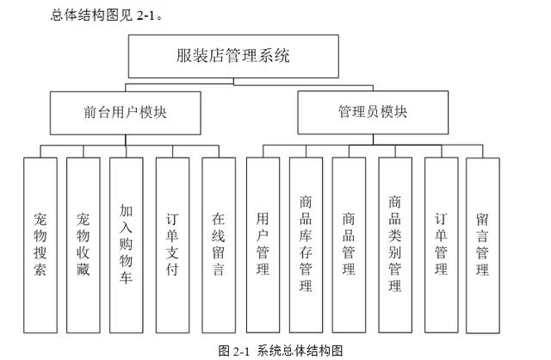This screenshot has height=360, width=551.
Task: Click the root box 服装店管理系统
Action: click(x=233, y=56)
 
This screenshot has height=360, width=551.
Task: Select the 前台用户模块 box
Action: click(x=126, y=113)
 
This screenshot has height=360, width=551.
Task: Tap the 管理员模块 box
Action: click(x=373, y=112)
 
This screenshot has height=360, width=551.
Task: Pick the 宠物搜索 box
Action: click(x=40, y=245)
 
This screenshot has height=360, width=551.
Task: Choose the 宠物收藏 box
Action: click(x=84, y=245)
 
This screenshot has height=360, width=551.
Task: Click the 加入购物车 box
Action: click(x=127, y=245)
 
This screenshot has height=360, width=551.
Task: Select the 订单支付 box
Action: click(x=172, y=245)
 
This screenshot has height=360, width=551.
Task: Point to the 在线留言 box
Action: click(x=219, y=245)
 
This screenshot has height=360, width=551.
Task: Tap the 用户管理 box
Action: click(x=263, y=245)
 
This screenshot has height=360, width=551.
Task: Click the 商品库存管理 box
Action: click(x=306, y=245)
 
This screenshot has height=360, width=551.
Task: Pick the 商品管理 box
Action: click(x=349, y=245)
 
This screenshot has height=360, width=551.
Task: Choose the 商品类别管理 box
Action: click(x=395, y=245)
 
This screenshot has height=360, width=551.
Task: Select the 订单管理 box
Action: click(x=442, y=245)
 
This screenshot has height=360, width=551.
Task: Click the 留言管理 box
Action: click(x=483, y=245)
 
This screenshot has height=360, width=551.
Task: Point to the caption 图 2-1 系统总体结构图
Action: click(x=281, y=351)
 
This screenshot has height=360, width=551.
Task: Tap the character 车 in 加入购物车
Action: click(x=127, y=277)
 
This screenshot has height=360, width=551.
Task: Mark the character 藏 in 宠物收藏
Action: click(x=84, y=270)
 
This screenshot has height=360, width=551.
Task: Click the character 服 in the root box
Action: click(x=183, y=56)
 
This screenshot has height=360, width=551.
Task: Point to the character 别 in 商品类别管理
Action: click(x=395, y=252)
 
